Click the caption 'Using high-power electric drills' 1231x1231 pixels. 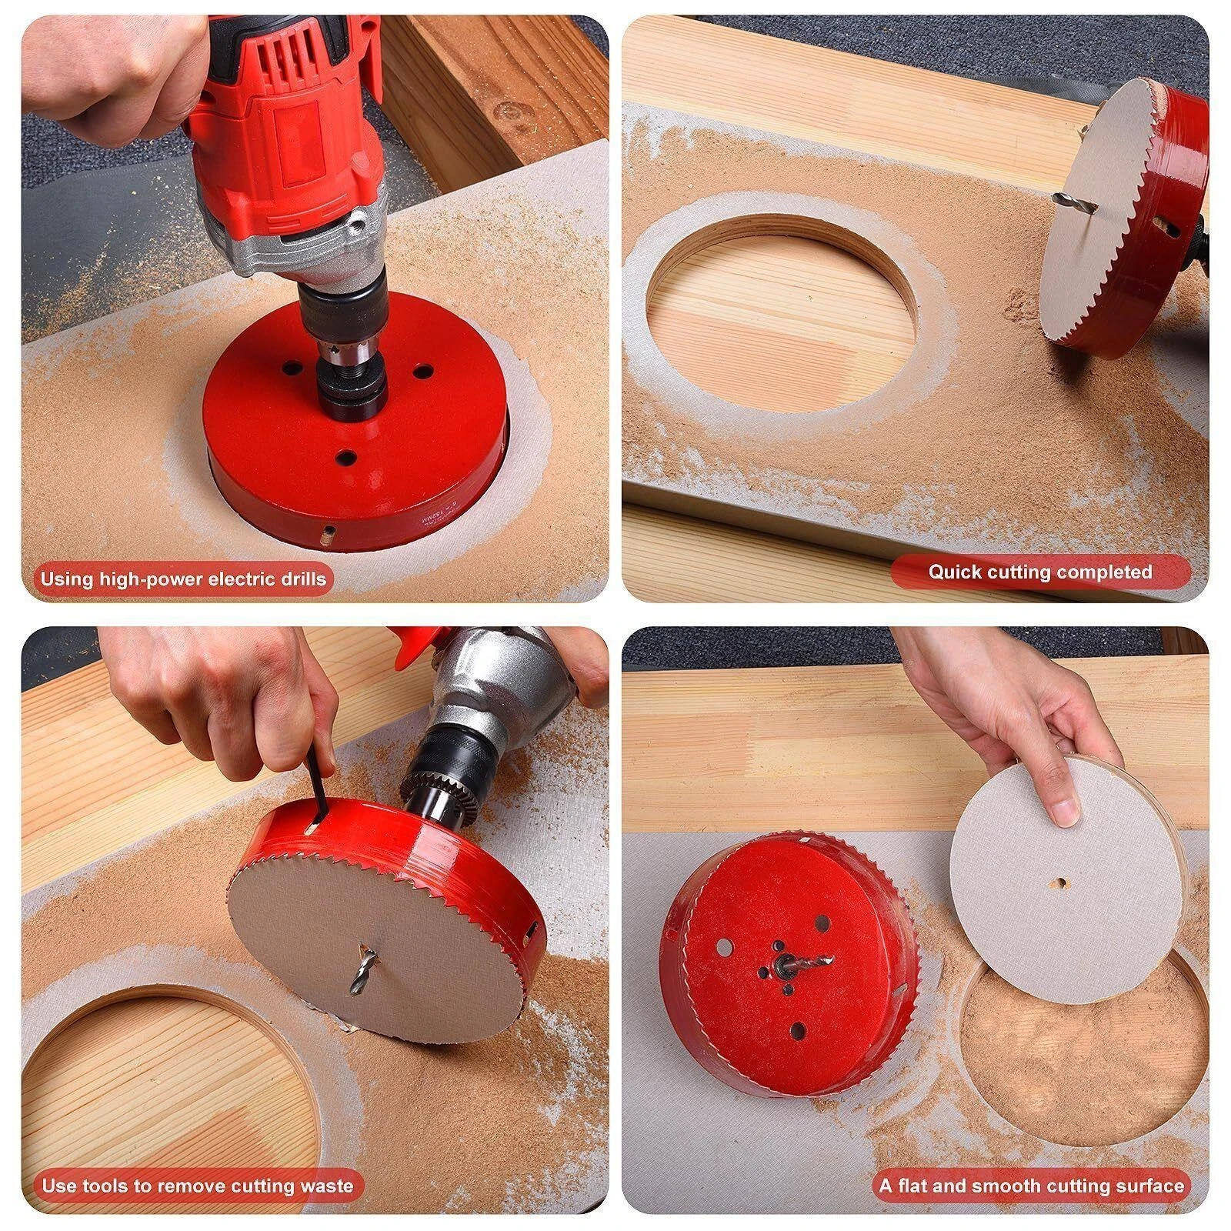pyautogui.click(x=183, y=578)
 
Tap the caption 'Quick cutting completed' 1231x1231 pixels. pyautogui.click(x=1039, y=572)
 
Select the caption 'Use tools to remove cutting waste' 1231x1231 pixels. pyautogui.click(x=197, y=1185)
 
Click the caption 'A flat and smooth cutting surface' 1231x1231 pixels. pyautogui.click(x=1032, y=1185)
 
